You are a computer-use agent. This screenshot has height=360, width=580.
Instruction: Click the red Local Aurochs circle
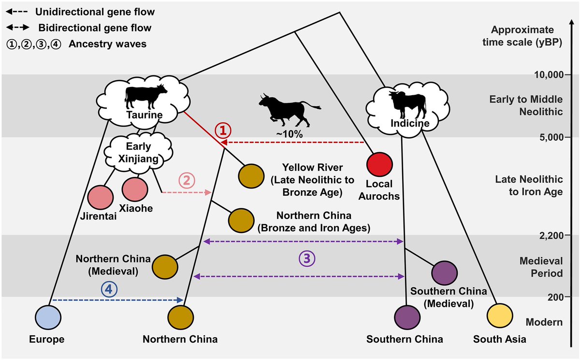379,165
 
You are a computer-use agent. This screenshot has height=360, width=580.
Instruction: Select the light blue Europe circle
48,317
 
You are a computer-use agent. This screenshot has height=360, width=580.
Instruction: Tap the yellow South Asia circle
500,316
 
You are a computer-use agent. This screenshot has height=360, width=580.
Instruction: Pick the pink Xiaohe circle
135,189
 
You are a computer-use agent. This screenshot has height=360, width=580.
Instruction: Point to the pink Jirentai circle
101,198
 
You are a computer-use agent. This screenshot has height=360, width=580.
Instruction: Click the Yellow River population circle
251,176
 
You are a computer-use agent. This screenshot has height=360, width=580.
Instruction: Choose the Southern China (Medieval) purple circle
445,273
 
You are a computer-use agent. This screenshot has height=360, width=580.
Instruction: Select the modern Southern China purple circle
407,317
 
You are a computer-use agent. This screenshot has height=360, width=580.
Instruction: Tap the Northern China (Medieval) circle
165,267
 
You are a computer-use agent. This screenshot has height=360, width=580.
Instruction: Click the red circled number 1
223,130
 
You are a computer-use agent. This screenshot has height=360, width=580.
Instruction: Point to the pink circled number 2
187,180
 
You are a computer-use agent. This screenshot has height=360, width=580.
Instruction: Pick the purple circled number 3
307,259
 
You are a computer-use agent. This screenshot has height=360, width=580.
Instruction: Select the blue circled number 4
109,289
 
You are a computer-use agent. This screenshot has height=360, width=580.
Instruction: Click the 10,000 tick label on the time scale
549,75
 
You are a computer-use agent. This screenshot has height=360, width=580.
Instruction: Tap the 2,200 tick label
551,235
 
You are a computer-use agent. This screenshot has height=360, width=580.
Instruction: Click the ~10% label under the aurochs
289,134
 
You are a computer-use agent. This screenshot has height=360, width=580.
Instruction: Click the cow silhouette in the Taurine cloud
145,97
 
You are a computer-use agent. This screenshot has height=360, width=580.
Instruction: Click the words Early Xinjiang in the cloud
138,152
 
